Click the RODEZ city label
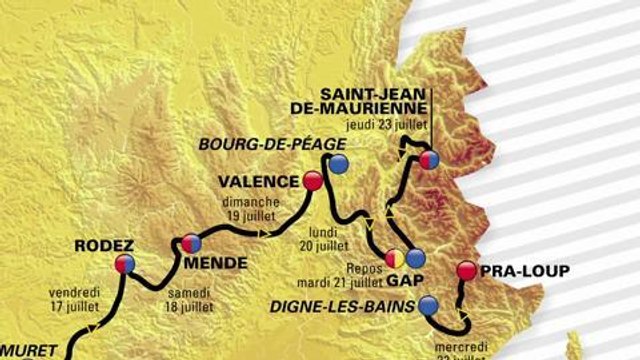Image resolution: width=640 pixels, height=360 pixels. [x=103, y=245]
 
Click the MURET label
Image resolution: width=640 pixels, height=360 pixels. [x=36, y=351]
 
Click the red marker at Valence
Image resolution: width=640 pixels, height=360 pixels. [x=312, y=181]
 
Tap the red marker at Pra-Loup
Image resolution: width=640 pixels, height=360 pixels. [x=466, y=270]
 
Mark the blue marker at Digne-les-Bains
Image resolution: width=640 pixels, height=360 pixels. [x=429, y=305]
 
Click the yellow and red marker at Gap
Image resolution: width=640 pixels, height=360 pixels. [x=394, y=257]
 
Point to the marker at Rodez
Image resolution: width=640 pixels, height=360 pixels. [x=124, y=264]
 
